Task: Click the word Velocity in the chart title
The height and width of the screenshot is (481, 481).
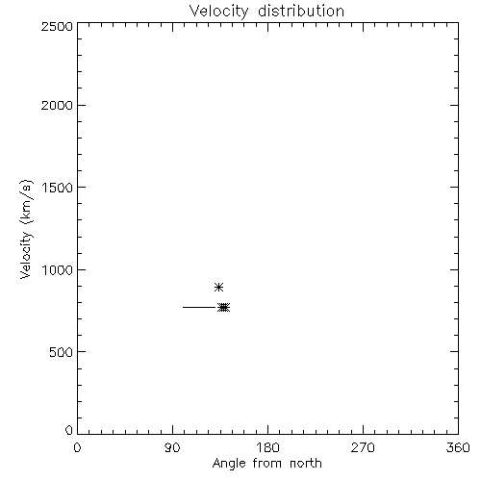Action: (219, 12)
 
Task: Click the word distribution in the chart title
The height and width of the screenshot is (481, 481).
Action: (301, 11)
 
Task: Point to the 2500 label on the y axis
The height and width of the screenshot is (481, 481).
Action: (57, 26)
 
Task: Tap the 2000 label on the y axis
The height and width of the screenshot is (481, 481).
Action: (57, 105)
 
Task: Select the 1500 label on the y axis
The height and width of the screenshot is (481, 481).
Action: (58, 188)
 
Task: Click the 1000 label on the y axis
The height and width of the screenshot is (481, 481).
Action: (58, 270)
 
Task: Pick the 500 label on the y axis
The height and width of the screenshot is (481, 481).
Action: (62, 352)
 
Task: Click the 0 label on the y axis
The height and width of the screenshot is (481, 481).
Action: (69, 430)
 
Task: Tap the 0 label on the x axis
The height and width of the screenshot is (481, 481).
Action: (77, 447)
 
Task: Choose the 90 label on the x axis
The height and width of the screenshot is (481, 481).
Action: (172, 447)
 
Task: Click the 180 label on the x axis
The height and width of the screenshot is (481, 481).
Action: (267, 447)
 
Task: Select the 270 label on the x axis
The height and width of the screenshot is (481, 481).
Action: (363, 447)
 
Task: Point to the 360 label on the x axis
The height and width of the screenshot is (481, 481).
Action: (458, 447)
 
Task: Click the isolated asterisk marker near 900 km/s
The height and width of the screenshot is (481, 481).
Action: (218, 287)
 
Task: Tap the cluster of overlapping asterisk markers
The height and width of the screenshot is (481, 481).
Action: (223, 308)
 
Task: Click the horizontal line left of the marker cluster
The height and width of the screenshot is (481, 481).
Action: (200, 307)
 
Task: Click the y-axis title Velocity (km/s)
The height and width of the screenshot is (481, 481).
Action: (26, 229)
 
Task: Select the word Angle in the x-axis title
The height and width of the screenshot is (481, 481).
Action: (229, 464)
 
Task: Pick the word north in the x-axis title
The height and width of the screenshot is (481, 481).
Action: (306, 463)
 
